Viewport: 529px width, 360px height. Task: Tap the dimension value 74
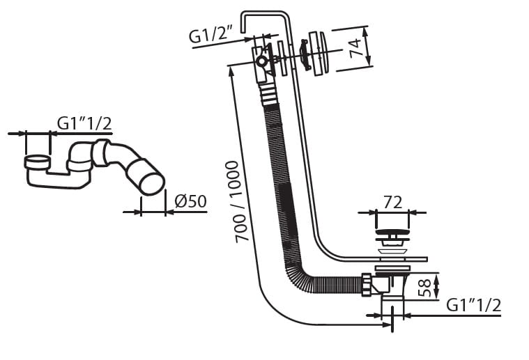pos(355,48)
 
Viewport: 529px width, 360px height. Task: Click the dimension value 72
pos(392,203)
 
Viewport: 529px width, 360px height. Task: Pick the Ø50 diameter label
pos(190,201)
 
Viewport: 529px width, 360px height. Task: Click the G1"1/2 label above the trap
pos(84,123)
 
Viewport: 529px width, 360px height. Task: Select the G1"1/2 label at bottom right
pos(473,305)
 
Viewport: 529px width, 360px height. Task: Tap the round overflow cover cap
pos(319,53)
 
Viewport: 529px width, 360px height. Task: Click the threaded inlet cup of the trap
pos(37,162)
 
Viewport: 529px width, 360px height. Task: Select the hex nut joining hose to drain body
pos(367,285)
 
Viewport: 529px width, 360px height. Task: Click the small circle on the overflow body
pos(261,62)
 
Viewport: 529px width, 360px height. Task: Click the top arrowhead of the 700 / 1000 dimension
pos(231,71)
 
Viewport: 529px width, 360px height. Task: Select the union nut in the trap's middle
pos(101,152)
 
